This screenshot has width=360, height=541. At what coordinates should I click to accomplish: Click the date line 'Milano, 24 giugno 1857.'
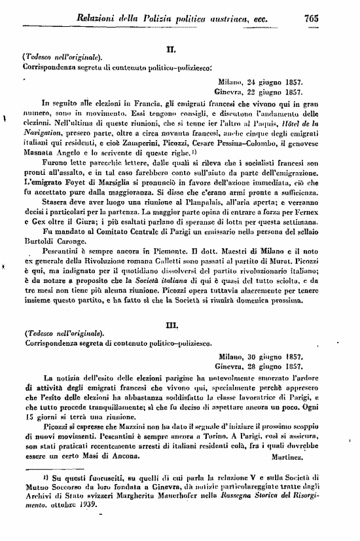click(260, 83)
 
